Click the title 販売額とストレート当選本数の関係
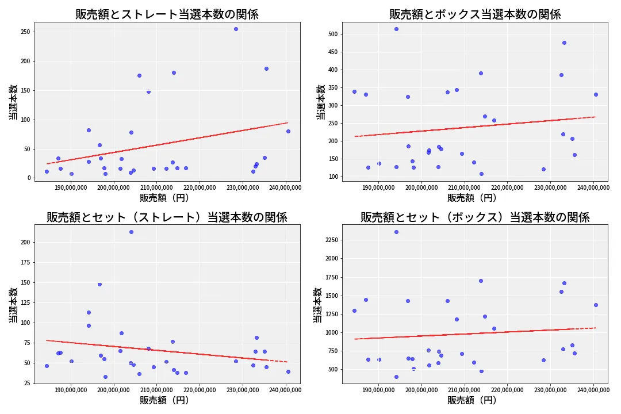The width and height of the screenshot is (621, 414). tap(167, 14)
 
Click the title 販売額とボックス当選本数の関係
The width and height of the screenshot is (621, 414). tap(474, 14)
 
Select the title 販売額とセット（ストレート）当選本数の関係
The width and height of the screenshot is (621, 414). tap(167, 217)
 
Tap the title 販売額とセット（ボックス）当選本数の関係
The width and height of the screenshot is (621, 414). tap(474, 217)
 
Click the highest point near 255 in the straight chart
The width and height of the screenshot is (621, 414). tap(236, 29)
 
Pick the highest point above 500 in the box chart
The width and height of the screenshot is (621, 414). tap(396, 29)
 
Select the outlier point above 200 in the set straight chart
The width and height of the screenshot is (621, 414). tap(131, 232)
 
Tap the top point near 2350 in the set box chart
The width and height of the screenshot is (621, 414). tap(396, 232)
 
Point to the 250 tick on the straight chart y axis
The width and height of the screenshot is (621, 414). tap(24, 32)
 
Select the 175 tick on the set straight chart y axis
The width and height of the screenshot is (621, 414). tap(24, 263)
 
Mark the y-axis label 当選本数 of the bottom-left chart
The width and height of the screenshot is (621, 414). tap(13, 305)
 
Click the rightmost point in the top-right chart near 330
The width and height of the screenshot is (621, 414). tap(596, 94)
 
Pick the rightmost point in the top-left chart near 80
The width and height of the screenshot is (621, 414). tap(288, 131)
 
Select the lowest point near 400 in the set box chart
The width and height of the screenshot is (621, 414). tap(396, 377)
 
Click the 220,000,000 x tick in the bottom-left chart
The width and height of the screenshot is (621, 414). tap(200, 390)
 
